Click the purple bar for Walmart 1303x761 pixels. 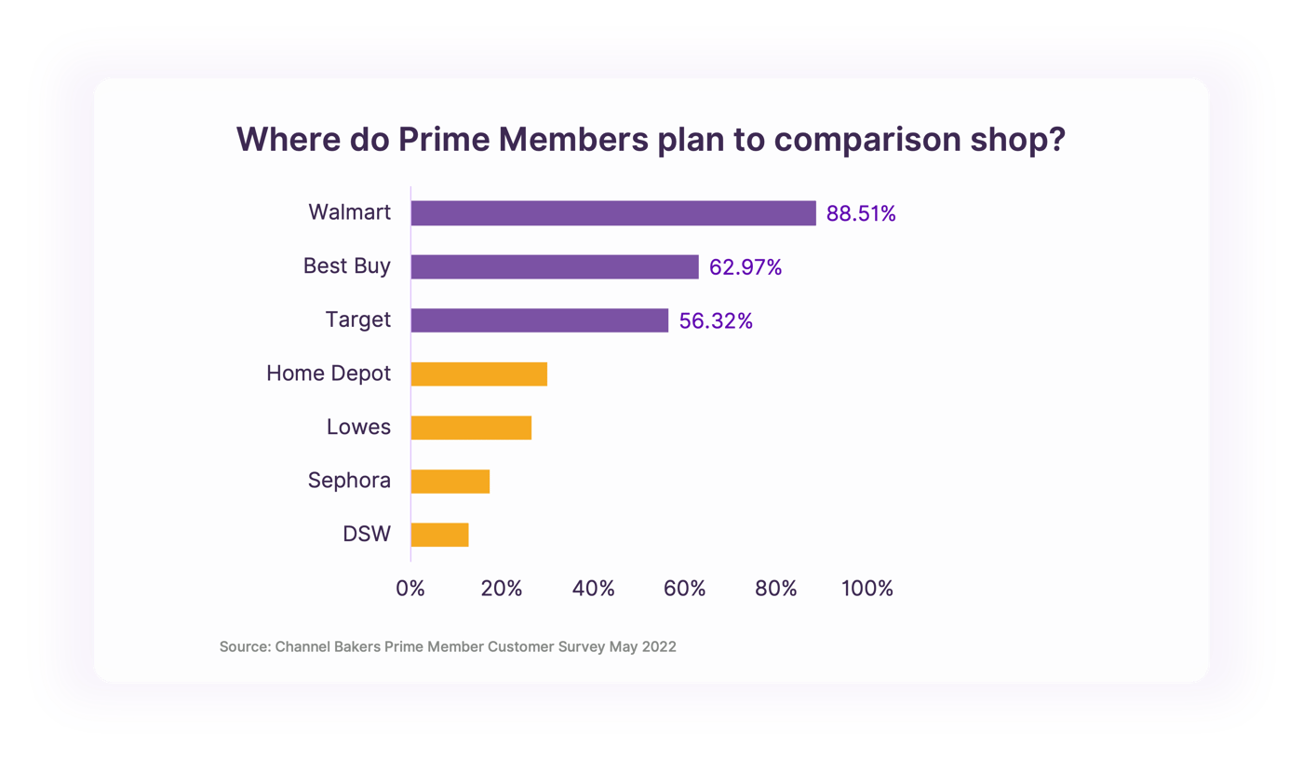[612, 213]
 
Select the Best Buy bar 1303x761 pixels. [554, 266]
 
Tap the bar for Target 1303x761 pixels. [539, 320]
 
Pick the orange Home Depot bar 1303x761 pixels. [478, 374]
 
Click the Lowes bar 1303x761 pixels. [470, 428]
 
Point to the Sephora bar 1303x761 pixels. [450, 482]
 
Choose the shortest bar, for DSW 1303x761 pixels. [439, 535]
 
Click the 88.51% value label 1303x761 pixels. [861, 214]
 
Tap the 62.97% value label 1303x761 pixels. [746, 267]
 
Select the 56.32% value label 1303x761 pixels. [716, 321]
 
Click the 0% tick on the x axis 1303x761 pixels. [410, 589]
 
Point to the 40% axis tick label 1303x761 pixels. [594, 589]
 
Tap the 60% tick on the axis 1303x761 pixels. [685, 589]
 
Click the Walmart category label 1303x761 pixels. [350, 212]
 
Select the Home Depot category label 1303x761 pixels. [329, 374]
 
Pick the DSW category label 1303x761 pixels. [367, 535]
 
